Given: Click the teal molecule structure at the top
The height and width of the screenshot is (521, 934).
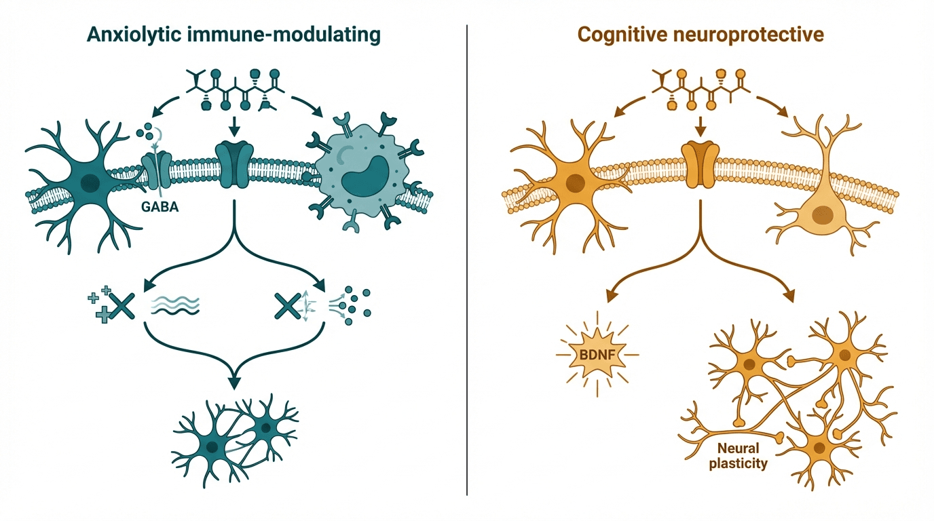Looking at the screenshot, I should (233, 89).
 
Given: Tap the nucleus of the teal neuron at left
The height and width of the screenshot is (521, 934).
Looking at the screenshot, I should (89, 182).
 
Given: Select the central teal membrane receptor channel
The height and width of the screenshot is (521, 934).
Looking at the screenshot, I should (233, 165).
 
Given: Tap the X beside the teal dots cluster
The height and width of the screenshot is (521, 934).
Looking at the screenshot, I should (288, 306).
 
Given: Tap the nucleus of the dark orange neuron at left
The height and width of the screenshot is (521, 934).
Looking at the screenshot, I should (576, 182).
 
